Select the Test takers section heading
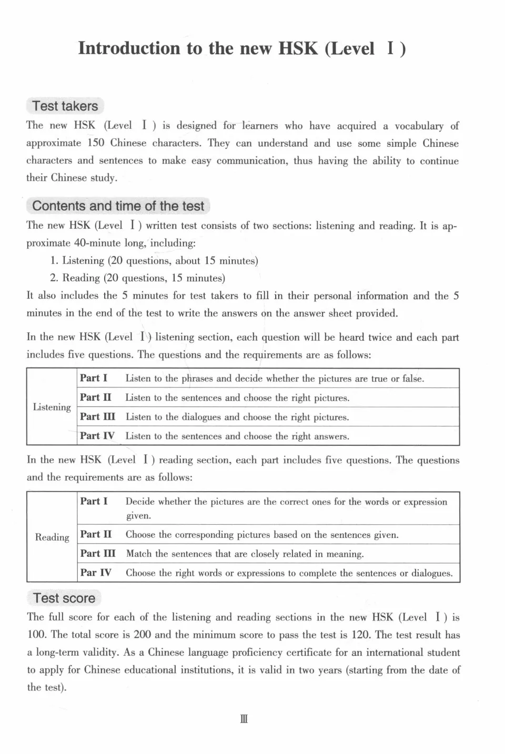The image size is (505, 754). click(65, 106)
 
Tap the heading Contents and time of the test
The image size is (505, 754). click(118, 206)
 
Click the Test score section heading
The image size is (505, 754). click(64, 598)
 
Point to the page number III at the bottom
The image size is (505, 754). click(244, 719)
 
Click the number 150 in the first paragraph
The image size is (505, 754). click(96, 144)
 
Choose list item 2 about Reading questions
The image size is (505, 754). click(138, 278)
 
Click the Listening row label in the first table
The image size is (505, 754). click(52, 407)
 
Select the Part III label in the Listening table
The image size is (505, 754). click(97, 417)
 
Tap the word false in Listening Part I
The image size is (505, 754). click(412, 379)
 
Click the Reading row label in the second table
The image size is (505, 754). click(52, 537)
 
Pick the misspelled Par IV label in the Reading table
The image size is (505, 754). click(96, 573)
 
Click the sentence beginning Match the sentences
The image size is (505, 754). click(245, 554)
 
